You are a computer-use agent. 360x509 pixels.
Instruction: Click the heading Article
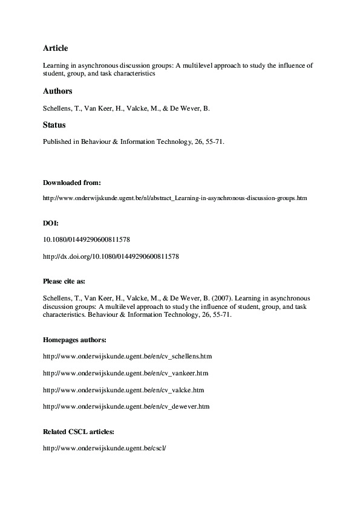[x=55, y=48]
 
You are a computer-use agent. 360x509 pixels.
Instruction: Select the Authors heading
[x=57, y=91]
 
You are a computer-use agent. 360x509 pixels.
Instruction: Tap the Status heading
[x=54, y=125]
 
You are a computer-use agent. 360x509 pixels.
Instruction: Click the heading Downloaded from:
[x=71, y=182]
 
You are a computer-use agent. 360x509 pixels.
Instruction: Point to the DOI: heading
[x=51, y=224]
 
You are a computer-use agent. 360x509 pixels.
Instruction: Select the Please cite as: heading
[x=69, y=281]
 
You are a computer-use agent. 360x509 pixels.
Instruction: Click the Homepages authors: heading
[x=74, y=340]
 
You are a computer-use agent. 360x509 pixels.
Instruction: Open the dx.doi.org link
[x=111, y=256]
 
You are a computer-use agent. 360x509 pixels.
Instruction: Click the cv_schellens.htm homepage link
[x=128, y=356]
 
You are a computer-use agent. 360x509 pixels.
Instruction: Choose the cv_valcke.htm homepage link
[x=123, y=390]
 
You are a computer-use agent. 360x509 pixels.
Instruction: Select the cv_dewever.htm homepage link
[x=126, y=407]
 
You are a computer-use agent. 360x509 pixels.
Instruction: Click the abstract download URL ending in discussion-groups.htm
[x=175, y=198]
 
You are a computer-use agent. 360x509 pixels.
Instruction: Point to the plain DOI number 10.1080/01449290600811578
[x=87, y=239]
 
